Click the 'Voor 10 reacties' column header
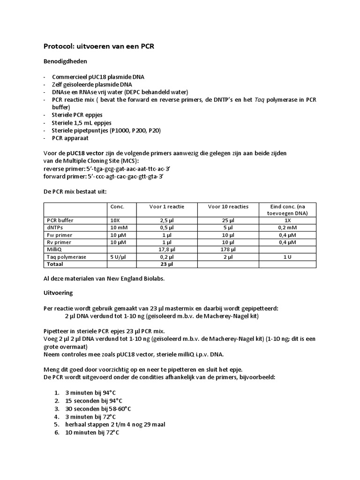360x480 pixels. pos(222,206)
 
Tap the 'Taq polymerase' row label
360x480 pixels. pos(64,257)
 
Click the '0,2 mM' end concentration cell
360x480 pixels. pos(288,227)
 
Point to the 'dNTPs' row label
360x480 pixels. pos(55,227)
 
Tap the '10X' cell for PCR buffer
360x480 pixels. pos(115,220)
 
